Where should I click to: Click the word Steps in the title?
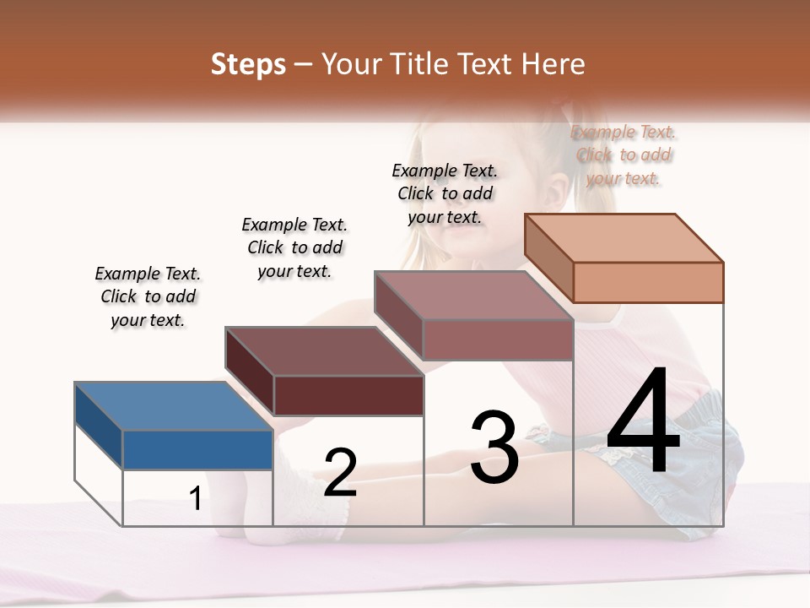[248, 64]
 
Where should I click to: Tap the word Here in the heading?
[553, 64]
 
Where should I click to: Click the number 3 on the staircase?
[494, 448]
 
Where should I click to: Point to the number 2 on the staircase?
[340, 473]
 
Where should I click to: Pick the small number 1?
[196, 499]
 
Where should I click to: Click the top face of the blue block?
[173, 405]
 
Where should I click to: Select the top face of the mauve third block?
[473, 295]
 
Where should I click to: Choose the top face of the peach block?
[624, 237]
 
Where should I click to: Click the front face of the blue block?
[197, 449]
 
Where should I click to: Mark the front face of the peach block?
[648, 282]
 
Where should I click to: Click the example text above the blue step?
[148, 297]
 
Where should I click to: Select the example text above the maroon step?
[294, 247]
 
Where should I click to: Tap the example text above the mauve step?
[445, 193]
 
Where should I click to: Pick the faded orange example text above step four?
[624, 155]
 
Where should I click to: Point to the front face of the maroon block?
[348, 395]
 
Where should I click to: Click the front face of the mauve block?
[498, 339]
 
